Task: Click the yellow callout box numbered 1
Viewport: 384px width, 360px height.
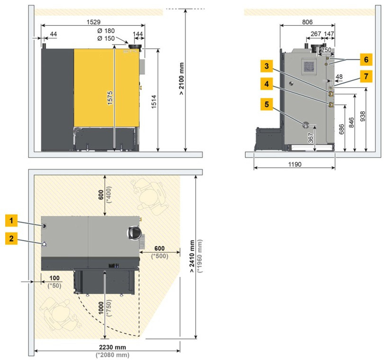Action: (x=11, y=221)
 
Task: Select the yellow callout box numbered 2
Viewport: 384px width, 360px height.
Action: (x=11, y=238)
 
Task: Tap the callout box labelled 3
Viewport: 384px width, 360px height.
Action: (x=267, y=66)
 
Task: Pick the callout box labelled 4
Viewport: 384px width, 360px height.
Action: (x=267, y=84)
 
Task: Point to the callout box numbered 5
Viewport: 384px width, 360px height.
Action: (x=267, y=104)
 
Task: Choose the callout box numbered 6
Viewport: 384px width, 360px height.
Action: (x=366, y=60)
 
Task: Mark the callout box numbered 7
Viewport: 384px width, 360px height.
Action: (x=366, y=76)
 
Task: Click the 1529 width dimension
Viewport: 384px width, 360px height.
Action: (x=94, y=22)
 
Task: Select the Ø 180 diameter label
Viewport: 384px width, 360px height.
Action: (x=106, y=31)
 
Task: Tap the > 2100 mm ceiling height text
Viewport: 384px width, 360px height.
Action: (x=181, y=79)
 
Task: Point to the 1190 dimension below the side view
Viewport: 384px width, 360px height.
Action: (x=295, y=164)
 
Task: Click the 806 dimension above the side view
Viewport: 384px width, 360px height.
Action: (x=307, y=22)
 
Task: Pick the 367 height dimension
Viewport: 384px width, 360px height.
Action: (x=311, y=138)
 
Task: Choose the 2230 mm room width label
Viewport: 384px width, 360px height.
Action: (x=112, y=347)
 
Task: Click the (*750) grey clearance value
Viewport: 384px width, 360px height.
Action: (x=109, y=308)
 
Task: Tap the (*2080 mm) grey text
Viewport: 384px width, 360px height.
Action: (x=112, y=355)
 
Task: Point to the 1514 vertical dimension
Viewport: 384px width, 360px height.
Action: (x=154, y=102)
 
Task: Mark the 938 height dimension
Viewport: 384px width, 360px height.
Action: (x=363, y=116)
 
